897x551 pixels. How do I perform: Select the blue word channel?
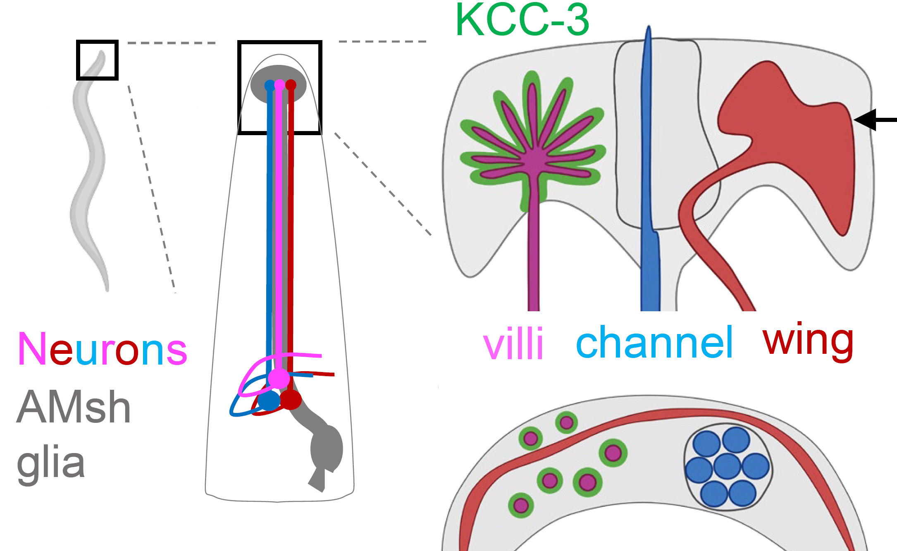point(654,342)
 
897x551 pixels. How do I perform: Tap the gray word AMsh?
point(74,408)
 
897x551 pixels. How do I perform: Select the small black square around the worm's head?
point(97,60)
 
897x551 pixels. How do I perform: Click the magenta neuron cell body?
point(279,378)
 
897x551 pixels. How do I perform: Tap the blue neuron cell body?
point(269,401)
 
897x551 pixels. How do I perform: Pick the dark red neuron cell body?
point(291,399)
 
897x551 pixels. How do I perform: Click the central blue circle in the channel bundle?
point(727,466)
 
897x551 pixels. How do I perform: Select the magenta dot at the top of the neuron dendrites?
point(280,85)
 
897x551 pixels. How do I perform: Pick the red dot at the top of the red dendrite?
point(291,85)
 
